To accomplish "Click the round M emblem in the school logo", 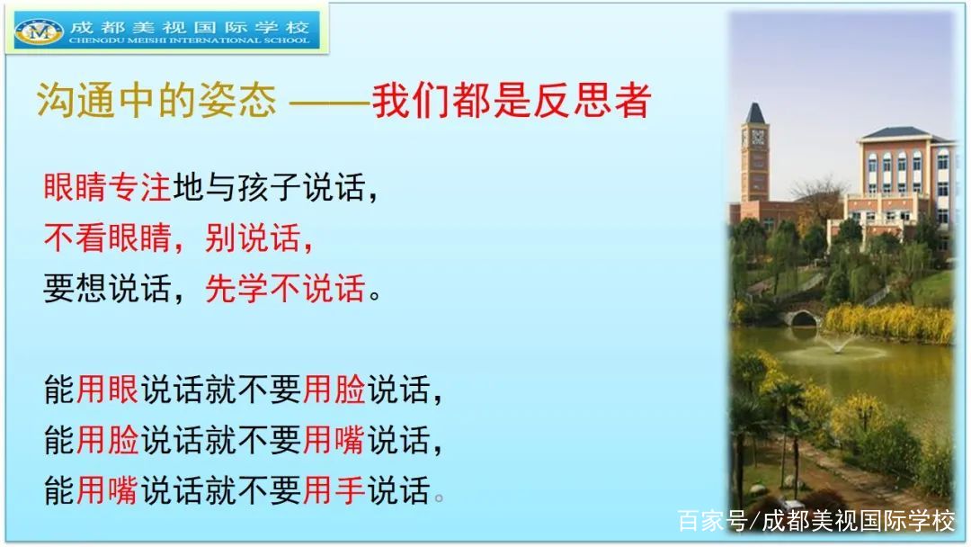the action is coord(39,31).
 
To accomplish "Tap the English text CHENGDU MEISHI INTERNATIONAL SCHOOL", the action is coord(190,40).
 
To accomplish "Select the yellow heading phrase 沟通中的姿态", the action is coord(156,100).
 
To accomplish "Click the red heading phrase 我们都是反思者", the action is coord(512,100).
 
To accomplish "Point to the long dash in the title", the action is coord(330,101).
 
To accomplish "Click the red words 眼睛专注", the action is coord(107,186).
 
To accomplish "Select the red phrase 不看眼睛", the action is coord(107,238).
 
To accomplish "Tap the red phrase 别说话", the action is coord(253,238).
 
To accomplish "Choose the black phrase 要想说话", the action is coord(107,288).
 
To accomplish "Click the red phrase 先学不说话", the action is coord(285,288).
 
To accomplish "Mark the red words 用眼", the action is coord(107,390).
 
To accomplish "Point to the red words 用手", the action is coord(334,490).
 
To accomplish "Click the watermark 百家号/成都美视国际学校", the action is coord(816,520).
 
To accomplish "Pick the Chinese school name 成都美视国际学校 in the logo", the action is coord(190,27).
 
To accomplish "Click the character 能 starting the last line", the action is coord(59,490).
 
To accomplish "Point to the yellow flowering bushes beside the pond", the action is coord(888,322).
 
